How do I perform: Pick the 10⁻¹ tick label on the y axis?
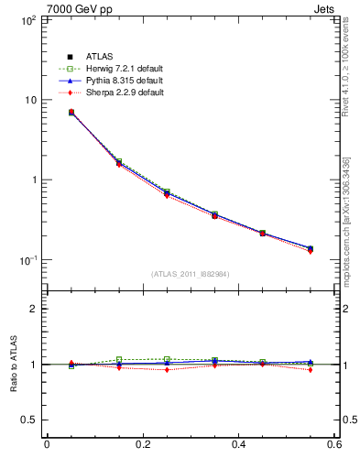point(25,260)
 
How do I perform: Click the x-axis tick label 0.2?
point(142,445)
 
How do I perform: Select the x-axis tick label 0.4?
point(238,445)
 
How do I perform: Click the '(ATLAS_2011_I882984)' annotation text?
point(190,274)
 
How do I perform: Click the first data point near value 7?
point(46,113)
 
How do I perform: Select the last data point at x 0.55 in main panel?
point(311,248)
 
